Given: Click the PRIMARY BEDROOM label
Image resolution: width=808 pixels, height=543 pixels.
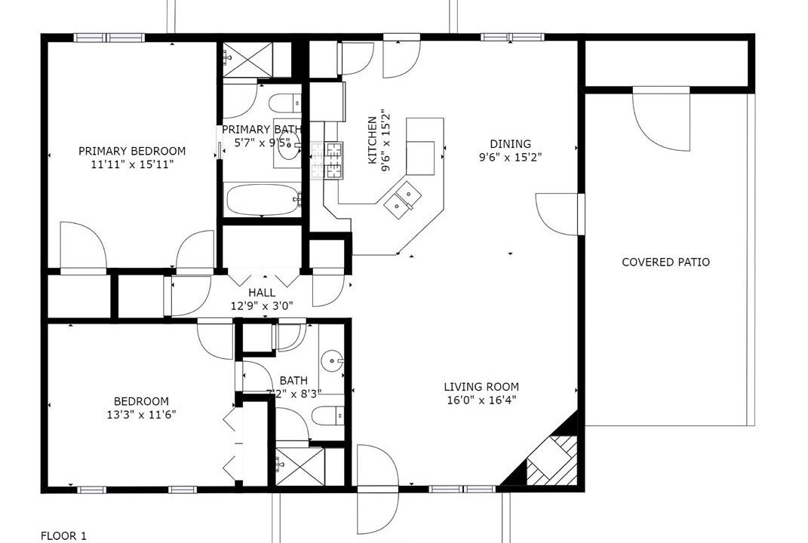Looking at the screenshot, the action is [132, 151].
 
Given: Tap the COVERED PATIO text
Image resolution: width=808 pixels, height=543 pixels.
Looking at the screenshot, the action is [665, 262].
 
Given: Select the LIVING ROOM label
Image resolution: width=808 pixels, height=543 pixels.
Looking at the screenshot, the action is [481, 386].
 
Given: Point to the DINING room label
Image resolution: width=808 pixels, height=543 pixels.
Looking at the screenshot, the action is [510, 144].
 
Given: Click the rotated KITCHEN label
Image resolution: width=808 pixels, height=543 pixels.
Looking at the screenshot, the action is [372, 140].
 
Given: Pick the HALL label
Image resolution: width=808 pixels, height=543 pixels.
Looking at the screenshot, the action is [262, 293].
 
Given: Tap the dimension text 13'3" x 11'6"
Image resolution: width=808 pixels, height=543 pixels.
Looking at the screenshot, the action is [141, 415].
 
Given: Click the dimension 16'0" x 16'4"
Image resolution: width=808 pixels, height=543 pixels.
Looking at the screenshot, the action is [481, 400].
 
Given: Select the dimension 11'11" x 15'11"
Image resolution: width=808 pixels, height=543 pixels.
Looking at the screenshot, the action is [132, 164].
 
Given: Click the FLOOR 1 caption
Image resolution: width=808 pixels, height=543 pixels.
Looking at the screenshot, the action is [63, 536].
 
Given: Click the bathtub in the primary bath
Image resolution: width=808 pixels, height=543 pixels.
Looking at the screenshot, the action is [263, 201].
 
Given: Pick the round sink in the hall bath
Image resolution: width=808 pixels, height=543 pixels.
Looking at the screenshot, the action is [331, 361].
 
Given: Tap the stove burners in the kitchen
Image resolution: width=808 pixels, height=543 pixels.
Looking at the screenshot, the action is [327, 160].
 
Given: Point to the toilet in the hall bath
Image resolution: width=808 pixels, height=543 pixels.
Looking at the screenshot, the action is [327, 416].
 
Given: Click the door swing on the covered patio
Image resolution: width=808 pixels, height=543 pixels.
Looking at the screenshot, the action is [661, 118].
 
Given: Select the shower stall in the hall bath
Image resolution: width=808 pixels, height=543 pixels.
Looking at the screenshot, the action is [300, 466].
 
